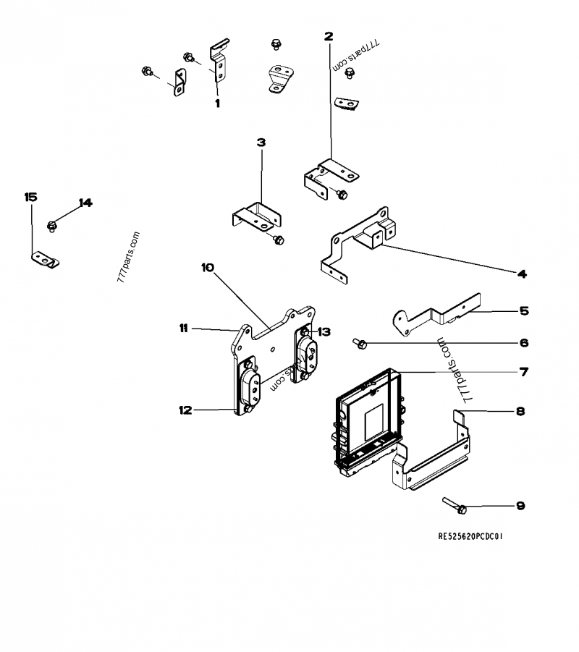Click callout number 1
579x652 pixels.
(x=216, y=103)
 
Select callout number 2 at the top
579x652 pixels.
(x=329, y=35)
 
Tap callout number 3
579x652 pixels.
(x=261, y=143)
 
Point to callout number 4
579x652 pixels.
(x=522, y=274)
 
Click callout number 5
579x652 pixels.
(x=524, y=311)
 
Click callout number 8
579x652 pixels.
(x=521, y=411)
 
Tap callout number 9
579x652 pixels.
(x=521, y=506)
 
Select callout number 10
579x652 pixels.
(x=208, y=268)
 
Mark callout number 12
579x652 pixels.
(x=185, y=410)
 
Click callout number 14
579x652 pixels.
(x=86, y=203)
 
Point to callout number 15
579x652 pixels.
(x=30, y=197)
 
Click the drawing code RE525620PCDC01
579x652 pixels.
(x=470, y=538)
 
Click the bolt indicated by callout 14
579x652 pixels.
(x=52, y=226)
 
